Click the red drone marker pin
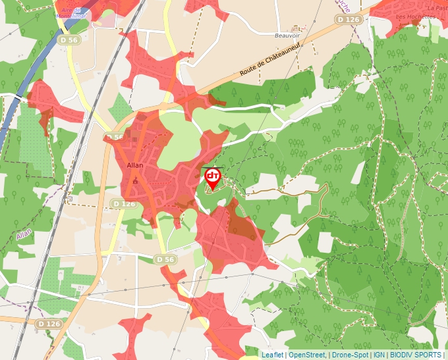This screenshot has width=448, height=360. [212, 178]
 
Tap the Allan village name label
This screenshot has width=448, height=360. [134, 166]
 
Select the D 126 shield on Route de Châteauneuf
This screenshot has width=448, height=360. [348, 20]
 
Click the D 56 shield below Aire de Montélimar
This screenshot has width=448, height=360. [67, 40]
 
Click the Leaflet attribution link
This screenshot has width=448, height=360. [272, 355]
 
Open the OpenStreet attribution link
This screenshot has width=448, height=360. [306, 355]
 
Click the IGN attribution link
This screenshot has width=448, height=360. [379, 355]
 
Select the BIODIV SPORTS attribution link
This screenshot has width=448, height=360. [416, 355]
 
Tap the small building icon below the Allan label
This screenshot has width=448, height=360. [136, 179]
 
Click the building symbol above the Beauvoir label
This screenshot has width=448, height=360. [295, 28]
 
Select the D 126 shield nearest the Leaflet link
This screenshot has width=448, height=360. [49, 324]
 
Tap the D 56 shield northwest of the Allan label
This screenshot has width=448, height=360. [114, 137]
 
